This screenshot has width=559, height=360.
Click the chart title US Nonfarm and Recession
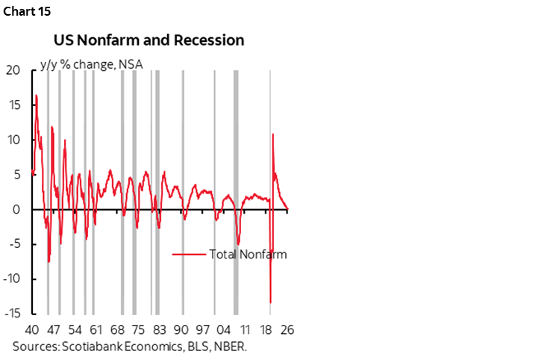tap(148, 40)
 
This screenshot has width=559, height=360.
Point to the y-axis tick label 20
tap(12, 70)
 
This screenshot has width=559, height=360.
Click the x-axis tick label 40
tap(32, 330)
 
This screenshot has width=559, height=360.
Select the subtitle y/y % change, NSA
tap(96, 63)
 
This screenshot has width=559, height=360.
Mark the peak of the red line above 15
tap(36, 95)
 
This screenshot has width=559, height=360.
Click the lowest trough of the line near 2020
tap(270, 302)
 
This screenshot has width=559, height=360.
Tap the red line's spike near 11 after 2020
tap(273, 134)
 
